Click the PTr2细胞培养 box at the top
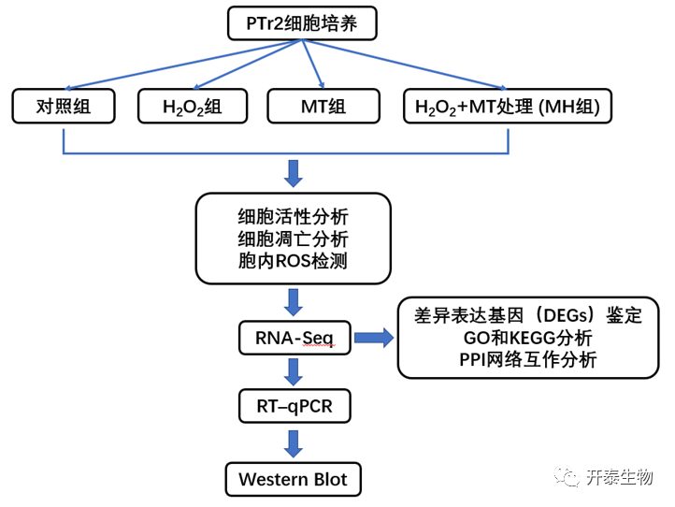302,22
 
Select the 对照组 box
63,107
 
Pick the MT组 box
323,107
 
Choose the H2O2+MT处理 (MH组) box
507,107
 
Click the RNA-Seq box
294,336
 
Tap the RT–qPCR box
294,407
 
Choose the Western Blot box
293,479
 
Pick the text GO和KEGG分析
528,338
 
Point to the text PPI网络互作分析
528,359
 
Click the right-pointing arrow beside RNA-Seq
373,337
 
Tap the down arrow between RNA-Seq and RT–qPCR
294,371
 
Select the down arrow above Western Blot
294,442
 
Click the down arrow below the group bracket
294,172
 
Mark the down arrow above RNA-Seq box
294,301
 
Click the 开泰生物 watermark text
619,477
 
